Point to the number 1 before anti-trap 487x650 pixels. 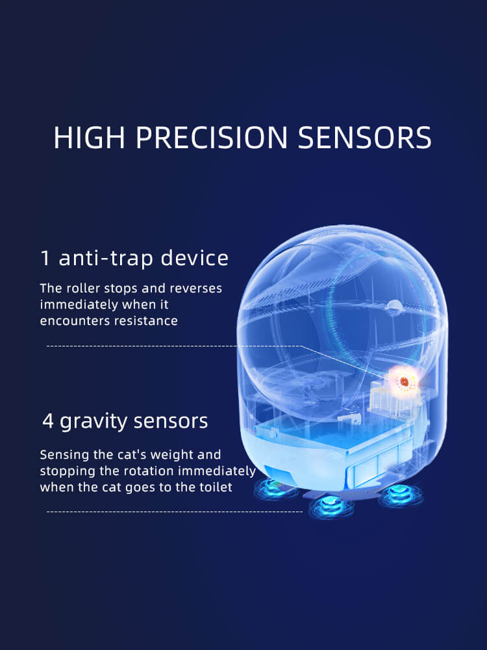[45, 258]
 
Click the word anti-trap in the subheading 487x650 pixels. [107, 258]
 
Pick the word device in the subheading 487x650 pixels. [195, 258]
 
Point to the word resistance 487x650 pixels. [147, 320]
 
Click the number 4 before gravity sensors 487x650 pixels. [47, 421]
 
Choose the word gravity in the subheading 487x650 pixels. [95, 421]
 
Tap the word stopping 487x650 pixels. [64, 471]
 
